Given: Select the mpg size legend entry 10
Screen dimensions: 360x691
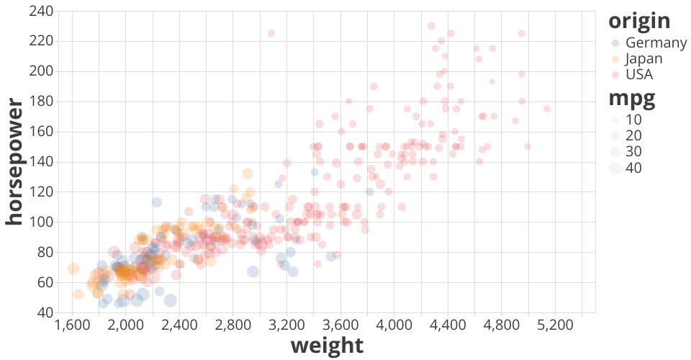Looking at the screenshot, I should (x=633, y=120).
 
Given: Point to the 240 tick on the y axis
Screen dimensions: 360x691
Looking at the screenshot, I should (x=41, y=11).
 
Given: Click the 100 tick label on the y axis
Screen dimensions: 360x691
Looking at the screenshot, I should (x=41, y=222).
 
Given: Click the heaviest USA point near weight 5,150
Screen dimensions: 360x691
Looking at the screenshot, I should (x=547, y=109).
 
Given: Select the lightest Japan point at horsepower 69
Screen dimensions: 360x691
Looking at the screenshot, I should (x=73, y=269).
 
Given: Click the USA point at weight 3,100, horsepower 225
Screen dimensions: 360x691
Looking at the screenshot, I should (x=271, y=33).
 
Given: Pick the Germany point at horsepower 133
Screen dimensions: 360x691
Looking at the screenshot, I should (x=315, y=172).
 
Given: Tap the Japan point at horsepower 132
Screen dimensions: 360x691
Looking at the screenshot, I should (x=248, y=174).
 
